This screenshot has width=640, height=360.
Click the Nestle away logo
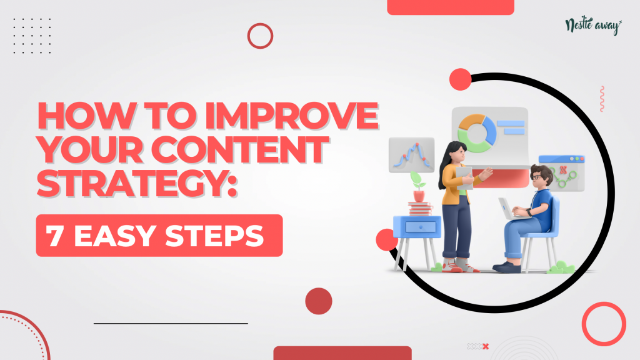click(x=594, y=26)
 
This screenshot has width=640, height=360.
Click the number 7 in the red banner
click(x=55, y=236)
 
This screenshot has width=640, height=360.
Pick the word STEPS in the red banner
click(x=214, y=236)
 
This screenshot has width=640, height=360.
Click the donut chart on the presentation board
click(x=477, y=134)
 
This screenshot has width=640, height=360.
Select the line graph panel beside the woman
click(x=411, y=155)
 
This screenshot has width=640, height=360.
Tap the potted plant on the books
click(x=418, y=186)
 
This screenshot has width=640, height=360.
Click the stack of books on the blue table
click(x=420, y=209)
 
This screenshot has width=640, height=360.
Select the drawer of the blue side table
click(x=421, y=227)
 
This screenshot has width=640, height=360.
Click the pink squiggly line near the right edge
click(x=602, y=99)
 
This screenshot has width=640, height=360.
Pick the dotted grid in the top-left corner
click(x=32, y=36)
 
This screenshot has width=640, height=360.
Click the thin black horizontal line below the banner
click(x=171, y=323)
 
